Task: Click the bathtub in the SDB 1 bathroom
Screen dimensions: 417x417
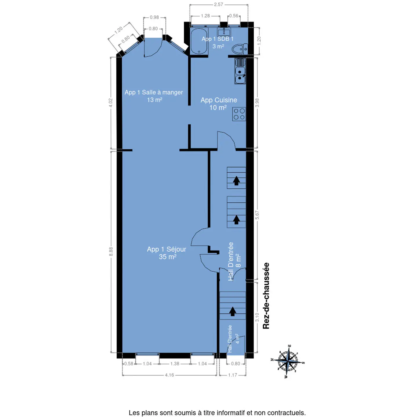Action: (x=199, y=41)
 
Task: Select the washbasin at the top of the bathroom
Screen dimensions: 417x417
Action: (x=224, y=32)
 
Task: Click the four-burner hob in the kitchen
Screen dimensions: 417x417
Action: (x=239, y=114)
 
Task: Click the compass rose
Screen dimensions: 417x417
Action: (x=288, y=361)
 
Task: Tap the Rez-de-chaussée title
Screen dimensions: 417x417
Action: (x=266, y=296)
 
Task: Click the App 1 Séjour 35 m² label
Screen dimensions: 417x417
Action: (x=167, y=253)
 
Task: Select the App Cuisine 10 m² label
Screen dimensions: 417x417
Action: (x=219, y=104)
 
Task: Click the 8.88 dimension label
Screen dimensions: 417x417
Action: (x=111, y=251)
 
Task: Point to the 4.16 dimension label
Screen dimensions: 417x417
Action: (x=169, y=375)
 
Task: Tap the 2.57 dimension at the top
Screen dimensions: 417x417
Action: (x=219, y=5)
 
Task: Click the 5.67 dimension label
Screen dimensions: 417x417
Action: (x=257, y=215)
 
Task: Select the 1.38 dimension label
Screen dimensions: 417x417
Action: (x=175, y=364)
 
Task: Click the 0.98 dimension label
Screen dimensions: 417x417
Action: (x=154, y=17)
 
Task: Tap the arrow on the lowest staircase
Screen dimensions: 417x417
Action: (x=233, y=311)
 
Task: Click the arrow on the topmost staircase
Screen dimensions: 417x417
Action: (x=236, y=181)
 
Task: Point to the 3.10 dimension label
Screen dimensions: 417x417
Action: (x=257, y=317)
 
